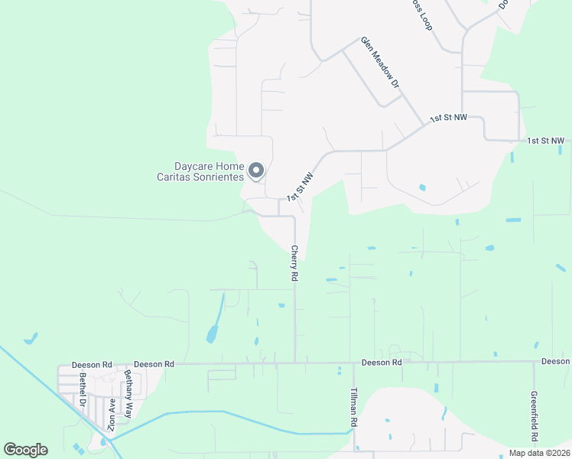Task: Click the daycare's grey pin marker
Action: point(257,171)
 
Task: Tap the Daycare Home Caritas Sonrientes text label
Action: point(209,171)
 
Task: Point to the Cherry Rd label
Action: point(294,263)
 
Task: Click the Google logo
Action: point(25,450)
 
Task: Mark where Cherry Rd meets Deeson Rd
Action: point(295,363)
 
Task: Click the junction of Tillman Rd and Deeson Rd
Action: point(353,363)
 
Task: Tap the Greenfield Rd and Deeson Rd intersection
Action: point(534,362)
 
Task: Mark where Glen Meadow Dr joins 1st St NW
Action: point(424,125)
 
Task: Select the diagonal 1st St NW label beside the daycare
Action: point(301,187)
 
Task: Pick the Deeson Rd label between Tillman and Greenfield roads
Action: point(382,362)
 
